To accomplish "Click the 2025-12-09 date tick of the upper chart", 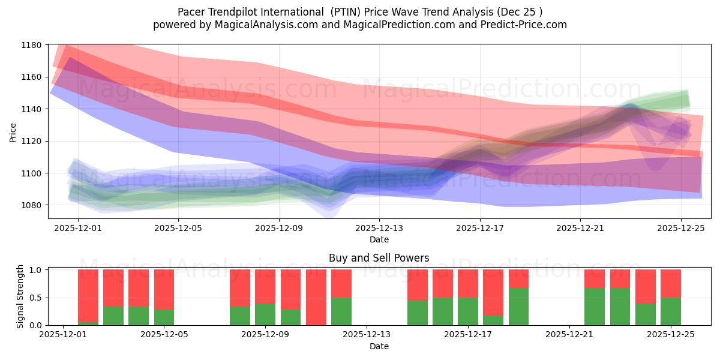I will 278,228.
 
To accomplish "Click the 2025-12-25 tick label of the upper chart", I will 680,228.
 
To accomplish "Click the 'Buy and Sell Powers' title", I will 379,258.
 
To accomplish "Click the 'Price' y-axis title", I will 13,133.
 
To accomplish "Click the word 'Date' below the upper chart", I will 379,239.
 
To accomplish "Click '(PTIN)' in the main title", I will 347,12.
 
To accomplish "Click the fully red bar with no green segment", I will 316,297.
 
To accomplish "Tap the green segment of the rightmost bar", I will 670,311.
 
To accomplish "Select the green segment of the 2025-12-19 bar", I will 518,306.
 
